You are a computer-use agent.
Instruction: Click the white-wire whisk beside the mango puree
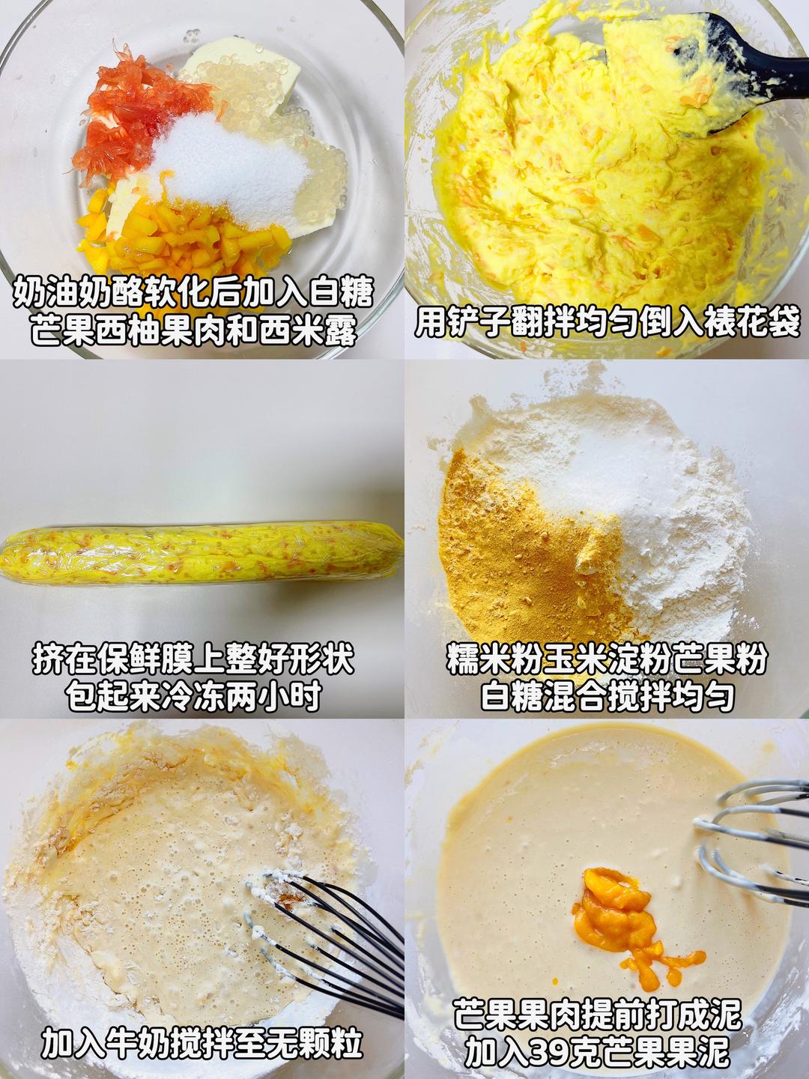pos(749,839)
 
